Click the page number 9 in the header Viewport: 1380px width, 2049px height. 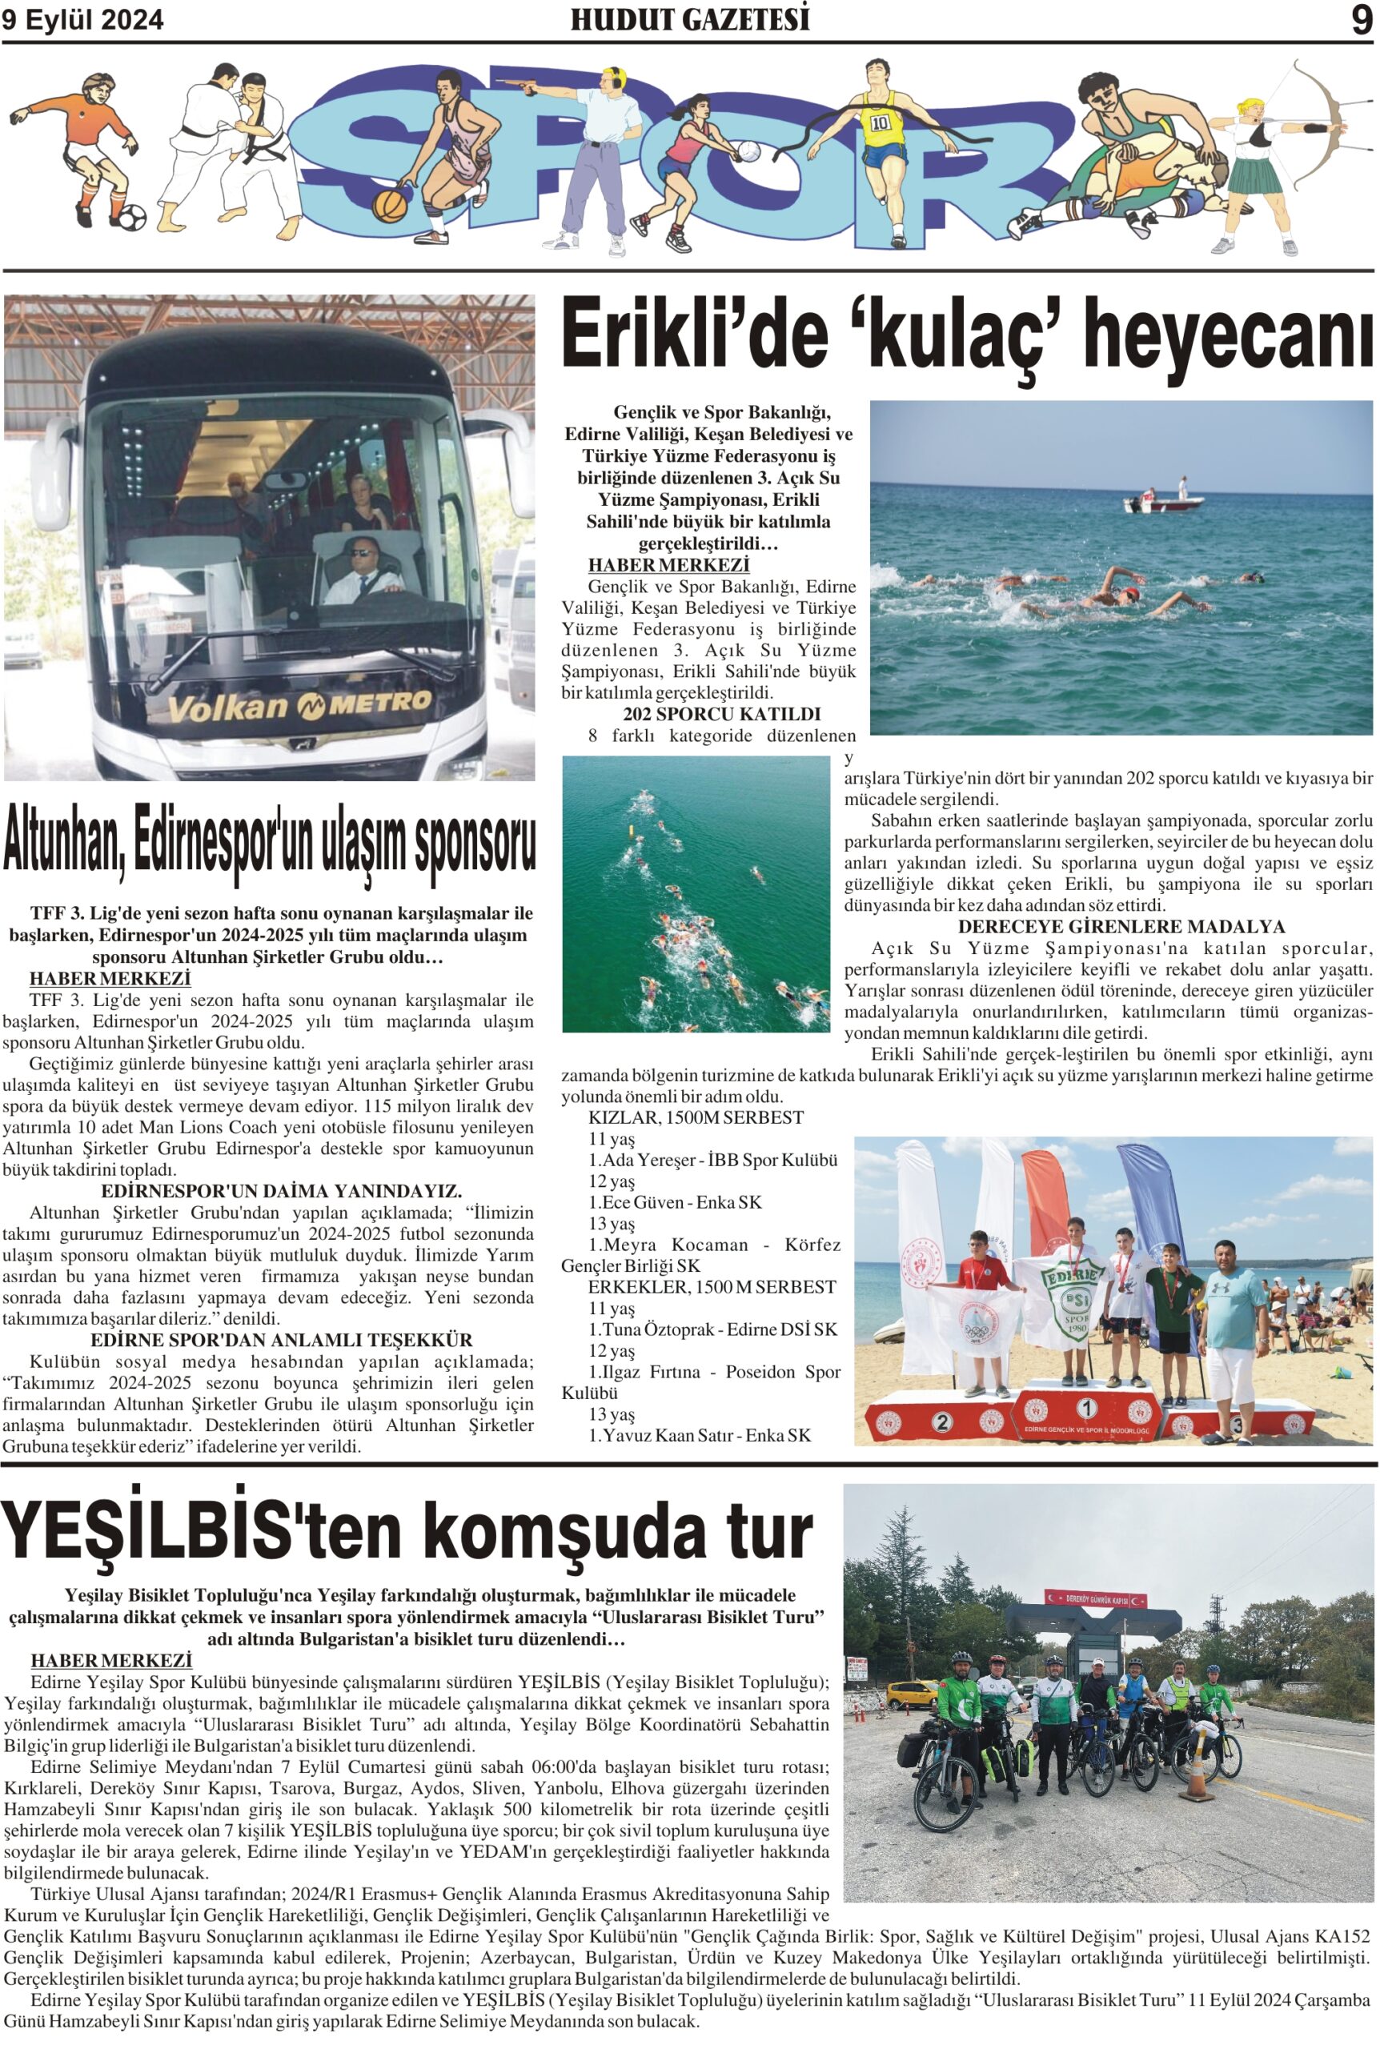[1361, 21]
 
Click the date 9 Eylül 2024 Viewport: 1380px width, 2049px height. [82, 21]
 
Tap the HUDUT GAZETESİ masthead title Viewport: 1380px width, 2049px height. [689, 20]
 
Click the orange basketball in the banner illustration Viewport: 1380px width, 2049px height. [390, 205]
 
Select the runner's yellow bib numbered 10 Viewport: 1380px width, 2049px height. [880, 122]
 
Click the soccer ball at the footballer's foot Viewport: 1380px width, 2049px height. [132, 216]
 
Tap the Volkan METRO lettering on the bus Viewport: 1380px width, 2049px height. [299, 704]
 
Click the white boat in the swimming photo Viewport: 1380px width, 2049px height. [1162, 503]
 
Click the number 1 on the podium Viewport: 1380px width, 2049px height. [1087, 1409]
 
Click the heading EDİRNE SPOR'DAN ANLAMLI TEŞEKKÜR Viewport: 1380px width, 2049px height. [282, 1340]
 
